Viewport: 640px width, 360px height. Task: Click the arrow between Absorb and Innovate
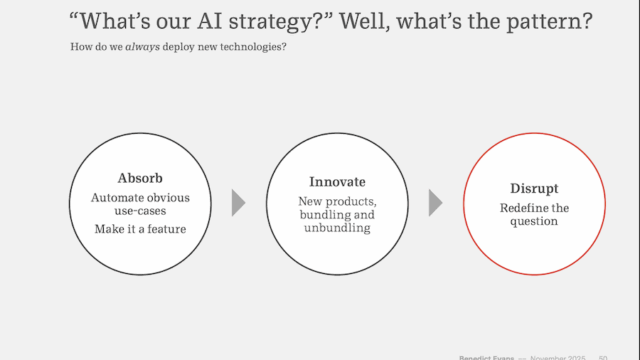(x=238, y=203)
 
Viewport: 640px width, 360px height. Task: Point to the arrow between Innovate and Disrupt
(x=435, y=203)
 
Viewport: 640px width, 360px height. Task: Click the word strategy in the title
(x=270, y=21)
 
